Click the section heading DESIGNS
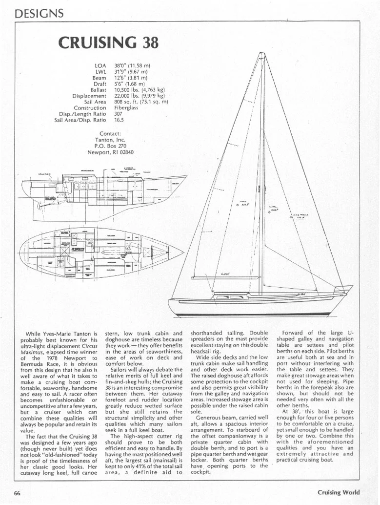40,14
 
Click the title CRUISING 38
108,43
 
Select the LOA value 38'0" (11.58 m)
132,65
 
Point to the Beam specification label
100,78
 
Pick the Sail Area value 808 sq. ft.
141,102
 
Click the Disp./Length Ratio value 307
118,114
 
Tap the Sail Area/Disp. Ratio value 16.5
119,120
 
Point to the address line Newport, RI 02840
110,152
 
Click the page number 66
17,492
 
